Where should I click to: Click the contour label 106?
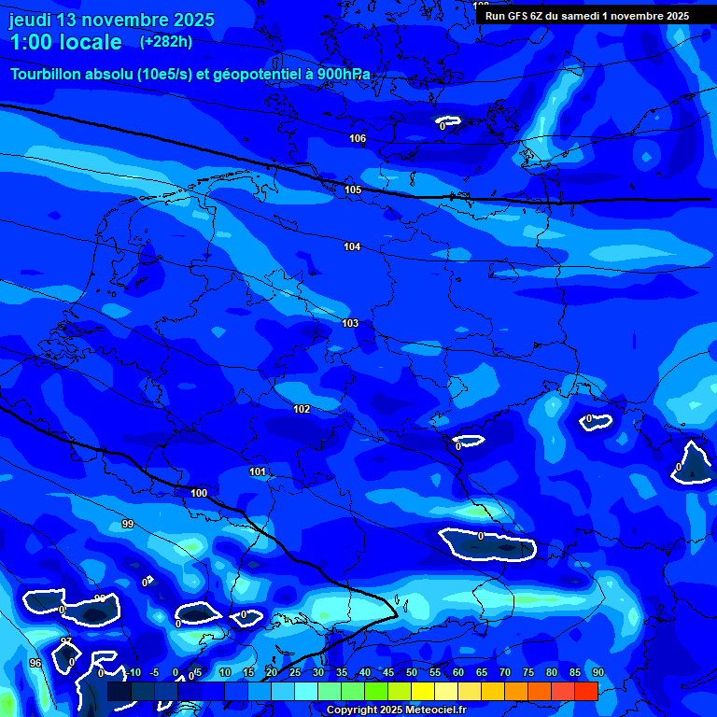[358, 138]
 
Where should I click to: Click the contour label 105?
[353, 190]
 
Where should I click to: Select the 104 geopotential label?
[352, 246]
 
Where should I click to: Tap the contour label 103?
[350, 323]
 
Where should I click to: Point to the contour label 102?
[302, 409]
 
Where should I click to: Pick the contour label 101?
[258, 471]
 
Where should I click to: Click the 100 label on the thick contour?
[199, 493]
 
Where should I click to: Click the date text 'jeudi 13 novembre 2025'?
[111, 20]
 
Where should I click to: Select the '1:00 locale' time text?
[66, 42]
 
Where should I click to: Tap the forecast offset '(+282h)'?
[165, 42]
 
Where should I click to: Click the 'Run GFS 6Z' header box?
[586, 16]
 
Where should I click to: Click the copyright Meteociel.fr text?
[395, 710]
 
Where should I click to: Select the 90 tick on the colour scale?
[597, 672]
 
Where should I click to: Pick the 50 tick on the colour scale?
[411, 672]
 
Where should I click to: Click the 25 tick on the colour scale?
[294, 672]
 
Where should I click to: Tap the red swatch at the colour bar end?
[585, 691]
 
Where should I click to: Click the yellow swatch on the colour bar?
[422, 691]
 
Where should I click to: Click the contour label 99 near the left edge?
[128, 524]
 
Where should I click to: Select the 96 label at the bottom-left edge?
[35, 663]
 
